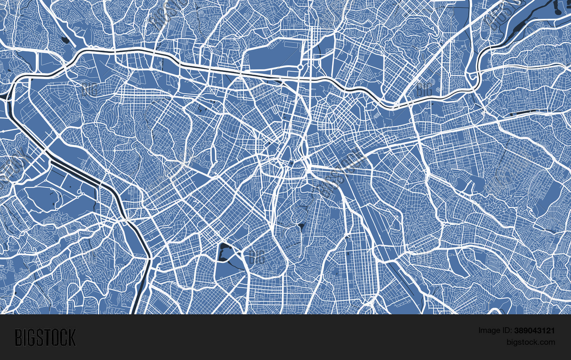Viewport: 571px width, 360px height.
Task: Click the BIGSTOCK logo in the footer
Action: (x=45, y=338)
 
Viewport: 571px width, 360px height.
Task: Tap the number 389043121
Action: (x=534, y=331)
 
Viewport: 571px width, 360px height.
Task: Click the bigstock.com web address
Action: (x=531, y=342)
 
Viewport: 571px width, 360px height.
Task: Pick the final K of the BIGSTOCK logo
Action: (x=72, y=338)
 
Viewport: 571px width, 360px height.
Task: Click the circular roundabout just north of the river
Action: (x=300, y=67)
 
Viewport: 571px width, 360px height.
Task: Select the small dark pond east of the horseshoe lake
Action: (x=301, y=227)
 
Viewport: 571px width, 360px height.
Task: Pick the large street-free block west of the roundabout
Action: (x=270, y=57)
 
